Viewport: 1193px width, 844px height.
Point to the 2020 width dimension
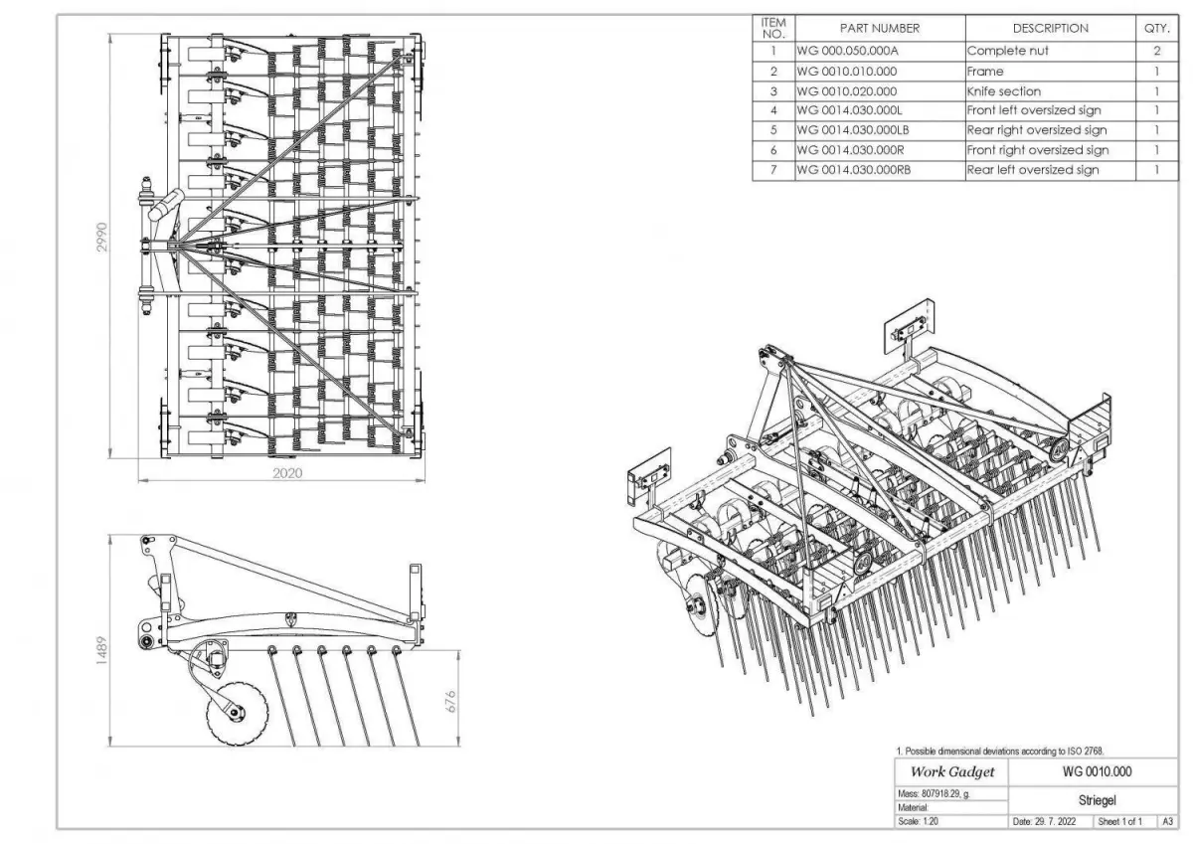(x=287, y=473)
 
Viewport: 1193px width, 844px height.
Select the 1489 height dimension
(x=101, y=647)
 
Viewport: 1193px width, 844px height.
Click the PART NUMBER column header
(x=879, y=29)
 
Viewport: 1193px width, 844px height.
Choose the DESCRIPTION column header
(x=1050, y=29)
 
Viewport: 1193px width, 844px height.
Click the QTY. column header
(x=1157, y=29)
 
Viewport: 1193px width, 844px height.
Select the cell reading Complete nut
(x=1007, y=51)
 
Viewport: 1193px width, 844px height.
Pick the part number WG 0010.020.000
(x=847, y=90)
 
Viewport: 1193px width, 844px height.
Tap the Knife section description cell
(x=1004, y=90)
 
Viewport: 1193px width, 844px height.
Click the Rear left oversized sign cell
(x=1033, y=170)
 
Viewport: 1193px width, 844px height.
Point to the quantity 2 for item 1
(x=1157, y=51)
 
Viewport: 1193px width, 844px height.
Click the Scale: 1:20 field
(x=919, y=822)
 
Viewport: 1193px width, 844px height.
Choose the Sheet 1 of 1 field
(x=1121, y=822)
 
